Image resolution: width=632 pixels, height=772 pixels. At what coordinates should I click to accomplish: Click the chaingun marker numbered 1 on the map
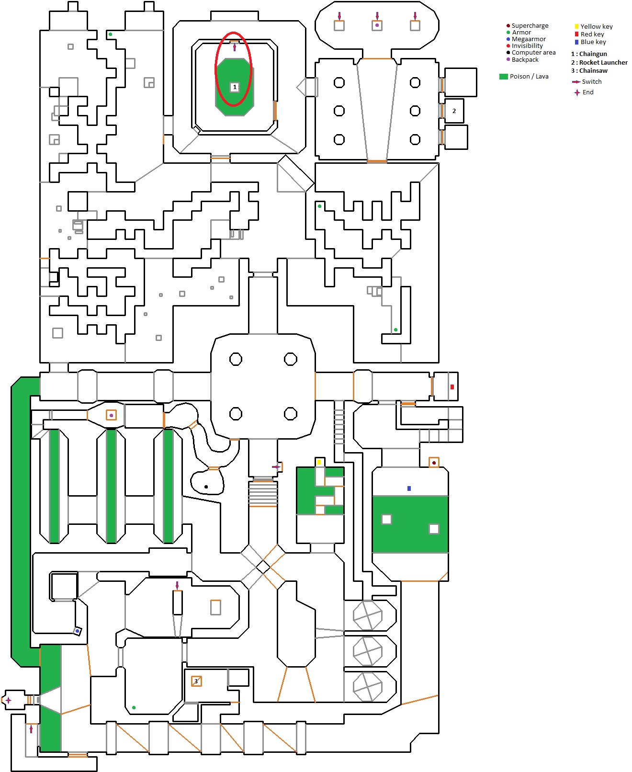pyautogui.click(x=235, y=87)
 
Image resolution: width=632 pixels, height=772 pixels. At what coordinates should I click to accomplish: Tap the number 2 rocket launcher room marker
pyautogui.click(x=454, y=111)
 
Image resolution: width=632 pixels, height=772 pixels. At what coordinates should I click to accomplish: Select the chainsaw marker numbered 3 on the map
pyautogui.click(x=196, y=681)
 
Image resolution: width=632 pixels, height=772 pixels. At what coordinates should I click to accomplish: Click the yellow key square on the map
pyautogui.click(x=319, y=462)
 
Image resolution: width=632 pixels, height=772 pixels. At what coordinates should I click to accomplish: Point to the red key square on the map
pyautogui.click(x=452, y=387)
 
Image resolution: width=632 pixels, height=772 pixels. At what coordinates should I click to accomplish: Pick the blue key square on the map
pyautogui.click(x=409, y=488)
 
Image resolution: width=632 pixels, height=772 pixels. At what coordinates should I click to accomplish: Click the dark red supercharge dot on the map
pyautogui.click(x=434, y=463)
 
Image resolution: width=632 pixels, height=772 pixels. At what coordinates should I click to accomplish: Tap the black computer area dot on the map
pyautogui.click(x=206, y=487)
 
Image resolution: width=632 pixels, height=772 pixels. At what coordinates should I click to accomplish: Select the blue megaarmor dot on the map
pyautogui.click(x=77, y=631)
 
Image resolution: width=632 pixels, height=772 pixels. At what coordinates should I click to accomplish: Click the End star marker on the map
pyautogui.click(x=9, y=700)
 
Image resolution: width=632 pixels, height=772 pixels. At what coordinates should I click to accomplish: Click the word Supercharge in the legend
pyautogui.click(x=530, y=26)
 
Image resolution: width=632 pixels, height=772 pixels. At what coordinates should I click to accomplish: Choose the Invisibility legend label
pyautogui.click(x=527, y=46)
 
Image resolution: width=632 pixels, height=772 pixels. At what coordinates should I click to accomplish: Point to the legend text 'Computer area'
pyautogui.click(x=533, y=52)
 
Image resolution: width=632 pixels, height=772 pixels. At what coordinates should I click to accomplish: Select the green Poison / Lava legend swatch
pyautogui.click(x=504, y=77)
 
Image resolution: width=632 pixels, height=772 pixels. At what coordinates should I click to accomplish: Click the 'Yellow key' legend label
pyautogui.click(x=597, y=26)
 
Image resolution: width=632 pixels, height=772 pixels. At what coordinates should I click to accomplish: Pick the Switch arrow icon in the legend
pyautogui.click(x=576, y=81)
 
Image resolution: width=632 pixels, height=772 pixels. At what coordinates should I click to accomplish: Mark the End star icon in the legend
pyautogui.click(x=577, y=92)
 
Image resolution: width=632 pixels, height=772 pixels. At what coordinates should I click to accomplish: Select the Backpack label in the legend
pyautogui.click(x=525, y=60)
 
